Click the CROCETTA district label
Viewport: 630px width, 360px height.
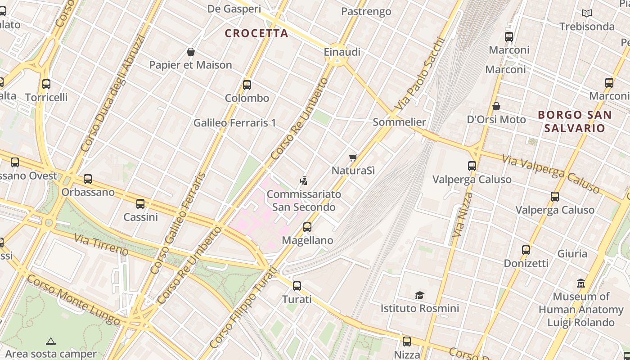click(x=256, y=33)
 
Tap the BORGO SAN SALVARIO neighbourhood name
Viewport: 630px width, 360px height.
click(x=575, y=121)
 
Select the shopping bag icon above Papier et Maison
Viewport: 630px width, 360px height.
click(x=191, y=51)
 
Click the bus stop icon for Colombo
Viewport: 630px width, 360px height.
click(x=247, y=85)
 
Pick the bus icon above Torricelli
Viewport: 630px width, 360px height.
click(x=46, y=84)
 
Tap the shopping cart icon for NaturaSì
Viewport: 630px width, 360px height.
click(x=353, y=157)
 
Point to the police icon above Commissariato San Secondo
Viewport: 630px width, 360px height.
click(x=304, y=181)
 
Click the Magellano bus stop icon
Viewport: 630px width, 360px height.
click(x=307, y=227)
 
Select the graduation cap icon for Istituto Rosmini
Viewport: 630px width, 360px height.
click(x=419, y=295)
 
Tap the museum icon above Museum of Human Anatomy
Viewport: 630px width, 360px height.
click(x=581, y=283)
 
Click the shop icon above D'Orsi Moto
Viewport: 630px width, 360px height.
click(x=496, y=106)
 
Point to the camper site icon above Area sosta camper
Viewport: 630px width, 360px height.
click(x=51, y=341)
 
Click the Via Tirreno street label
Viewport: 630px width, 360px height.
click(x=101, y=244)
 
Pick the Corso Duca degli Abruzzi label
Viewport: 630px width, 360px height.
click(x=112, y=94)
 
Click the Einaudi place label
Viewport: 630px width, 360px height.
click(x=342, y=52)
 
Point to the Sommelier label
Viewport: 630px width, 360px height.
click(x=399, y=122)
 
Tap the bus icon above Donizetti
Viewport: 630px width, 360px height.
click(x=526, y=250)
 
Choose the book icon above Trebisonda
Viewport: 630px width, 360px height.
click(x=586, y=13)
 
